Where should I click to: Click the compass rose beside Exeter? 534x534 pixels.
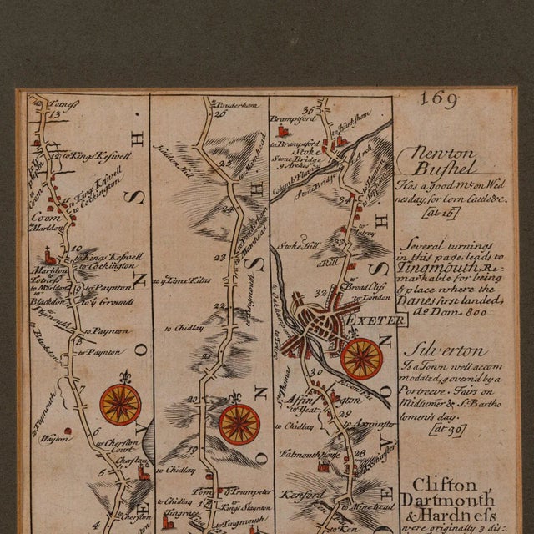(361, 357)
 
